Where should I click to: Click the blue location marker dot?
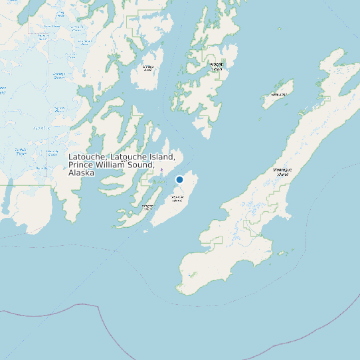click(179, 179)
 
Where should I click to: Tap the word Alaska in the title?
click(81, 173)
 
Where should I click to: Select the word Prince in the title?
click(82, 165)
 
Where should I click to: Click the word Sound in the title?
click(142, 165)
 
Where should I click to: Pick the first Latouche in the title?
click(86, 157)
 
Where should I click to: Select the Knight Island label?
click(217, 65)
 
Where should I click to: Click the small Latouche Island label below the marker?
click(177, 199)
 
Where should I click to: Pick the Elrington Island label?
click(147, 208)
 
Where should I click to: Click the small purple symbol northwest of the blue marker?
click(162, 170)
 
